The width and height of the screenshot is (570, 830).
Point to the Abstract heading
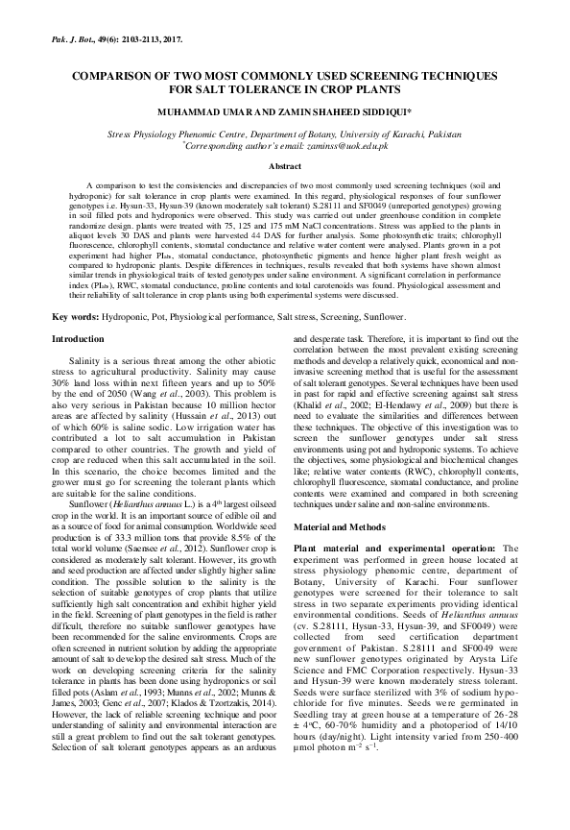click(x=284, y=166)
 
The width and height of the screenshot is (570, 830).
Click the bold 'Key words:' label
click(x=74, y=316)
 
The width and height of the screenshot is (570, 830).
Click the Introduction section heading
click(x=79, y=339)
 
